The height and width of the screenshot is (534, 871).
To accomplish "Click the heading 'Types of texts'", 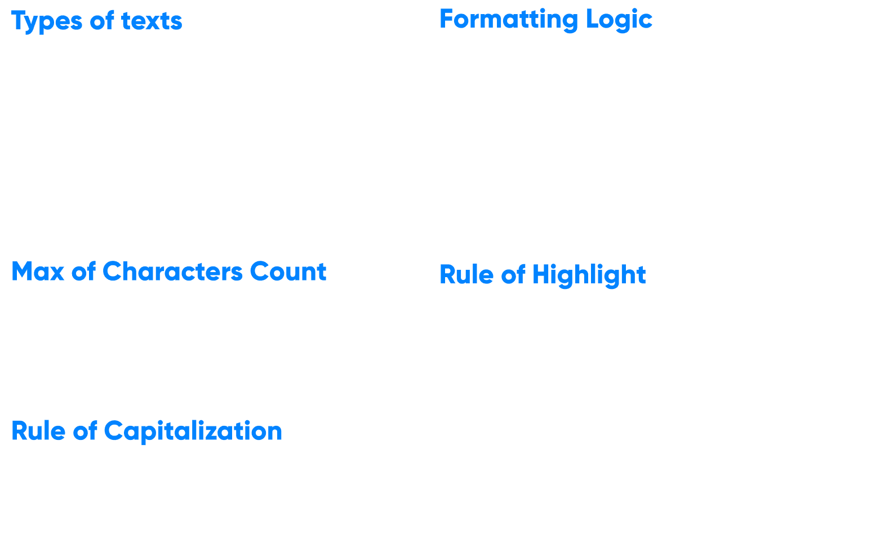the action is [96, 21].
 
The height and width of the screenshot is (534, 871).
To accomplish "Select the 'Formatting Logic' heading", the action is [545, 19].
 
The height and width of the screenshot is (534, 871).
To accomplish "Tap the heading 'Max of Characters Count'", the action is [168, 272].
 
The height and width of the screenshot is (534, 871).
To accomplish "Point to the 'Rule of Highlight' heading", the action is [542, 275].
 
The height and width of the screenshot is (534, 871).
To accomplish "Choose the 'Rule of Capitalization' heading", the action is [146, 431].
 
